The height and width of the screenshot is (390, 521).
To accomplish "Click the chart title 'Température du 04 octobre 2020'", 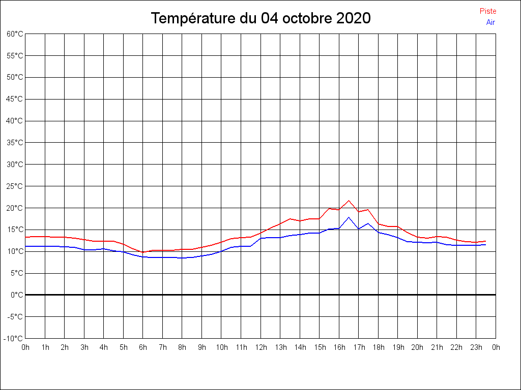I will [x=260, y=18].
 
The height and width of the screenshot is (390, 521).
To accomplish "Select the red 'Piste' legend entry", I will [x=488, y=11].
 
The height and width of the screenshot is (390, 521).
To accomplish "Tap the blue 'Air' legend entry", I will [x=490, y=22].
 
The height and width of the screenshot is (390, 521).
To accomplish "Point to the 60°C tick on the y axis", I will [x=15, y=34].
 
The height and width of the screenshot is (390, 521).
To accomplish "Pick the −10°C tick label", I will [x=13, y=338].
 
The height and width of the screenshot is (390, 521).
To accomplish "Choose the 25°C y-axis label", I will [x=15, y=186].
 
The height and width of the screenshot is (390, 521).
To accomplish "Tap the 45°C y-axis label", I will [x=15, y=99].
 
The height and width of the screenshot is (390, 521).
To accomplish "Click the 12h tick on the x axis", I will [x=261, y=347].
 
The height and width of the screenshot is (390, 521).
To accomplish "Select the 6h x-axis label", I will [x=143, y=347].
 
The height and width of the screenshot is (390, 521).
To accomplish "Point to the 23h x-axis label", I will [x=476, y=347].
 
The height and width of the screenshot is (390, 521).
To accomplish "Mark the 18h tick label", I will [x=379, y=347].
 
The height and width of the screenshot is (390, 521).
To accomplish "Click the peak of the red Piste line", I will [x=349, y=201].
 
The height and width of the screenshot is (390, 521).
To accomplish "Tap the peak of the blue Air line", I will [x=349, y=217].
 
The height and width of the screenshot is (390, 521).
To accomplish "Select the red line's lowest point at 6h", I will [x=143, y=252].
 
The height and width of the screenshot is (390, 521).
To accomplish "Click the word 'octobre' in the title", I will [x=308, y=18].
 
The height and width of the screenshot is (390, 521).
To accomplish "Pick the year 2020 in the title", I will [x=354, y=18].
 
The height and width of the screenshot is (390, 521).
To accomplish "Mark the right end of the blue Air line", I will [x=486, y=245].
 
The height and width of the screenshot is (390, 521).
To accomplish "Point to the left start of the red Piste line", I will [x=25, y=237].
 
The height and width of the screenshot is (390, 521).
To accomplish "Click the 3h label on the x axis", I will [x=84, y=347].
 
